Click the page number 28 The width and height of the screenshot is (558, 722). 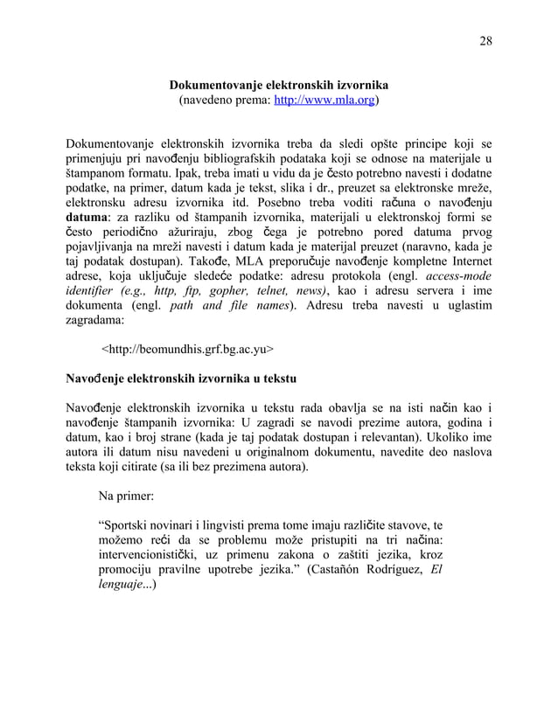[485, 40]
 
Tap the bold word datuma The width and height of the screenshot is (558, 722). [92, 220]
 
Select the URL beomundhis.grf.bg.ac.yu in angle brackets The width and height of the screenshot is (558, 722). [188, 351]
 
